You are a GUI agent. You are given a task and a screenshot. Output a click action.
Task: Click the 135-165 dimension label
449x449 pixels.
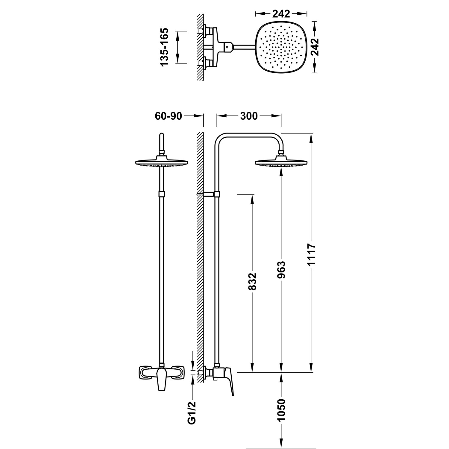point(165,47)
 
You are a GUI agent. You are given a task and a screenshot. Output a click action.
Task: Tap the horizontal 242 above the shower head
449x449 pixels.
point(281,14)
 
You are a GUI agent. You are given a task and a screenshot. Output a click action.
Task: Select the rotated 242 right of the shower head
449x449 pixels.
point(314,47)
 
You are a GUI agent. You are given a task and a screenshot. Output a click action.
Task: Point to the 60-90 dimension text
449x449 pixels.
point(169,116)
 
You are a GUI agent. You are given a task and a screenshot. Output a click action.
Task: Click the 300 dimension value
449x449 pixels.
point(249,116)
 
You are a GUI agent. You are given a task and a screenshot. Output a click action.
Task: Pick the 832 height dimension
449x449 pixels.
point(253,281)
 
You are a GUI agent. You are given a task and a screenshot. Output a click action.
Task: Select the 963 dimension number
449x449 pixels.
point(281,270)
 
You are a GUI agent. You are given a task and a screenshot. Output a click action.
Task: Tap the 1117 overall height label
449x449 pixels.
point(312,254)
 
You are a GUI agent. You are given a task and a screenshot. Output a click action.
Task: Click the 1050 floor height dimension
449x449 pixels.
point(281,409)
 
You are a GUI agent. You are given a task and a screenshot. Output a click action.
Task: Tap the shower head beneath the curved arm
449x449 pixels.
point(281,162)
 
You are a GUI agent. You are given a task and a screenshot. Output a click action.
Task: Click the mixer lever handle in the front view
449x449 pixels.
point(162,378)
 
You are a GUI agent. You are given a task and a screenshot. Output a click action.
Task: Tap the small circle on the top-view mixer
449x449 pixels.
point(228,47)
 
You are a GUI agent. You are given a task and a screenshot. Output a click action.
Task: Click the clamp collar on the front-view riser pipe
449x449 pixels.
point(162,194)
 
